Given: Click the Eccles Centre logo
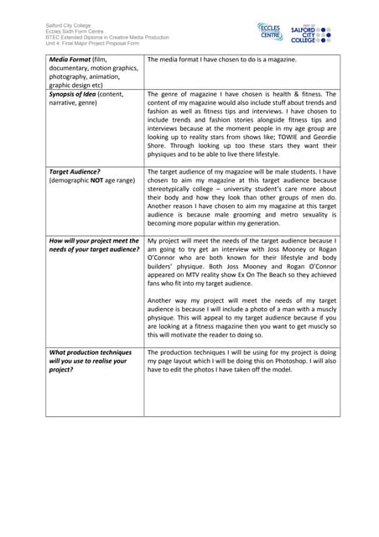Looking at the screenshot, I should pos(271,33).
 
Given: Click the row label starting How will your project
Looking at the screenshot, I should pos(94,241).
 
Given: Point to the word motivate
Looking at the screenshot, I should pos(199,333).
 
